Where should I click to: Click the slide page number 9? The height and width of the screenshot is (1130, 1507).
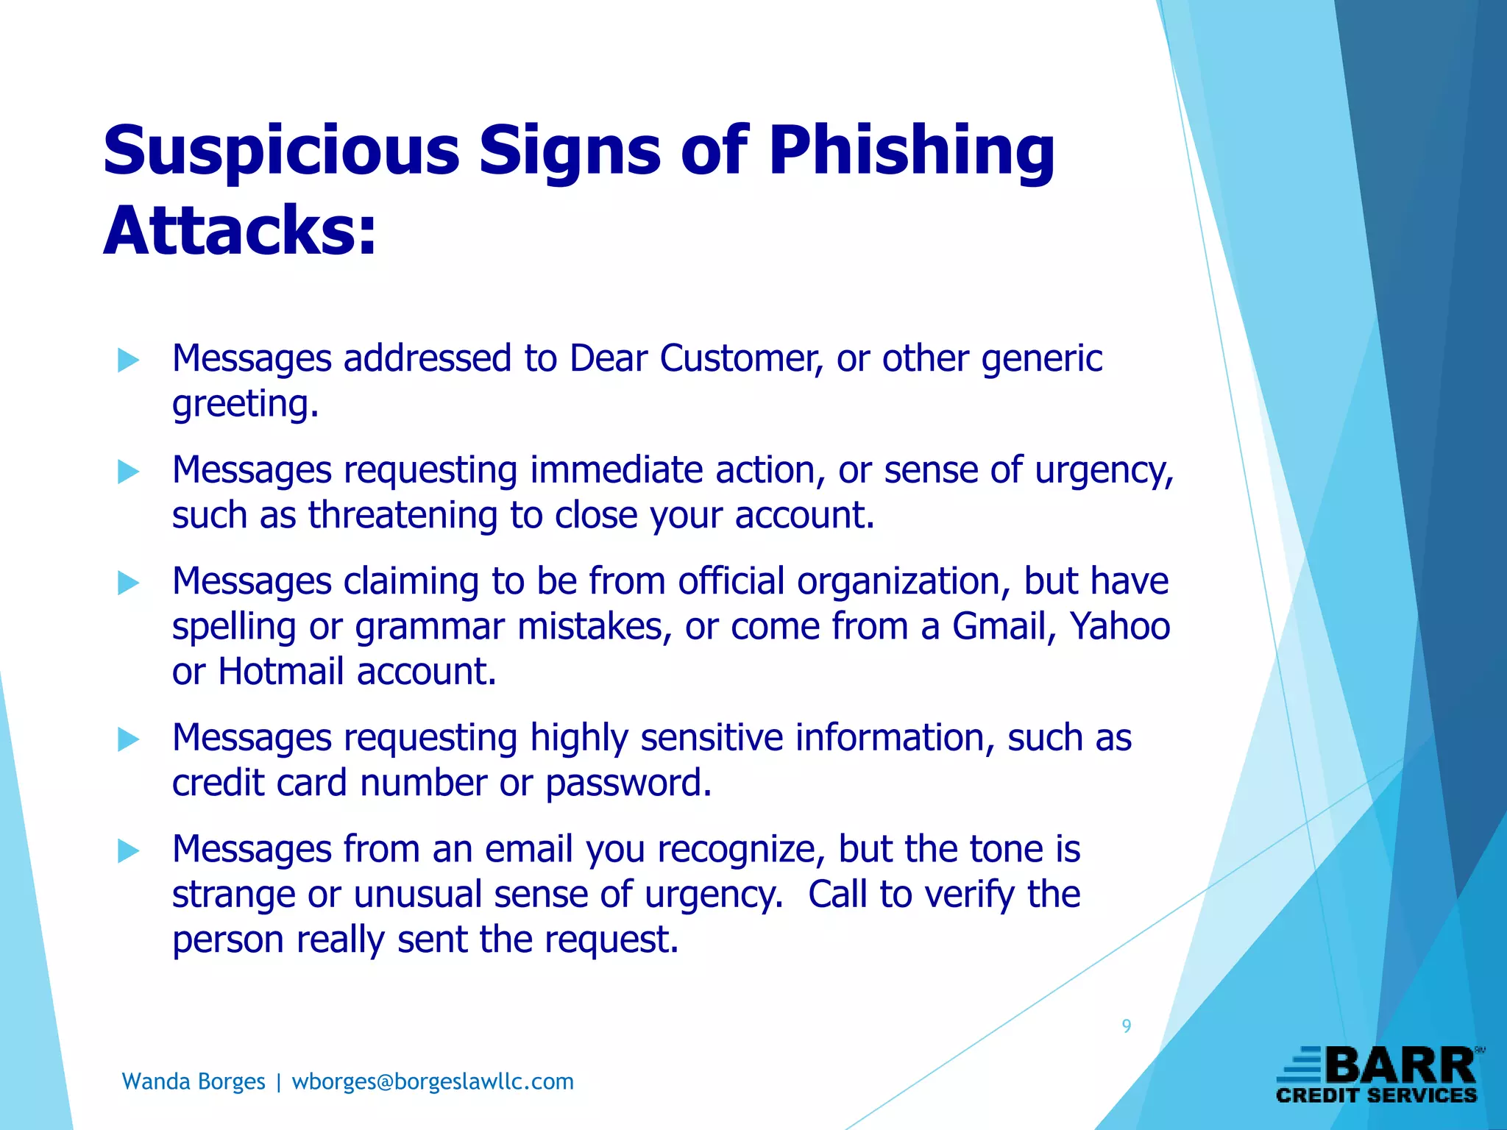(1126, 1026)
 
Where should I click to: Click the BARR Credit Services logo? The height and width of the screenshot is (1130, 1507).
(1377, 1076)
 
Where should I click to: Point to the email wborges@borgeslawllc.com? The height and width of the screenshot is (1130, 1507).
(433, 1081)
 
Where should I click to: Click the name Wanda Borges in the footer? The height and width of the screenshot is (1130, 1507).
(194, 1081)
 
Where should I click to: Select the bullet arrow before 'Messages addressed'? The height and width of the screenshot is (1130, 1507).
(128, 360)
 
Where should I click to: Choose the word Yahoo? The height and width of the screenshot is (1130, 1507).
(1120, 627)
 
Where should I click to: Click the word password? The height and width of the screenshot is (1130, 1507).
(628, 783)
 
